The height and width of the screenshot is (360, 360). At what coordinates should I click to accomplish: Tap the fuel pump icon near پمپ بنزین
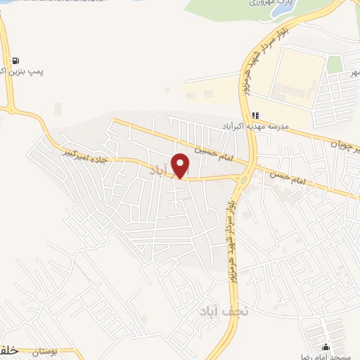(x=15, y=60)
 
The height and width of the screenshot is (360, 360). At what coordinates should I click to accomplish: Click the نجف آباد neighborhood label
(x=219, y=310)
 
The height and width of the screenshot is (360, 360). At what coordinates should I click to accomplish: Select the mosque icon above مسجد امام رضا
(x=326, y=347)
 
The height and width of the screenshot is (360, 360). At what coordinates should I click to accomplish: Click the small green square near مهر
(x=335, y=65)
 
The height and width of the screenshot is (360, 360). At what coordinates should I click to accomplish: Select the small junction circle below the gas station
(x=10, y=110)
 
